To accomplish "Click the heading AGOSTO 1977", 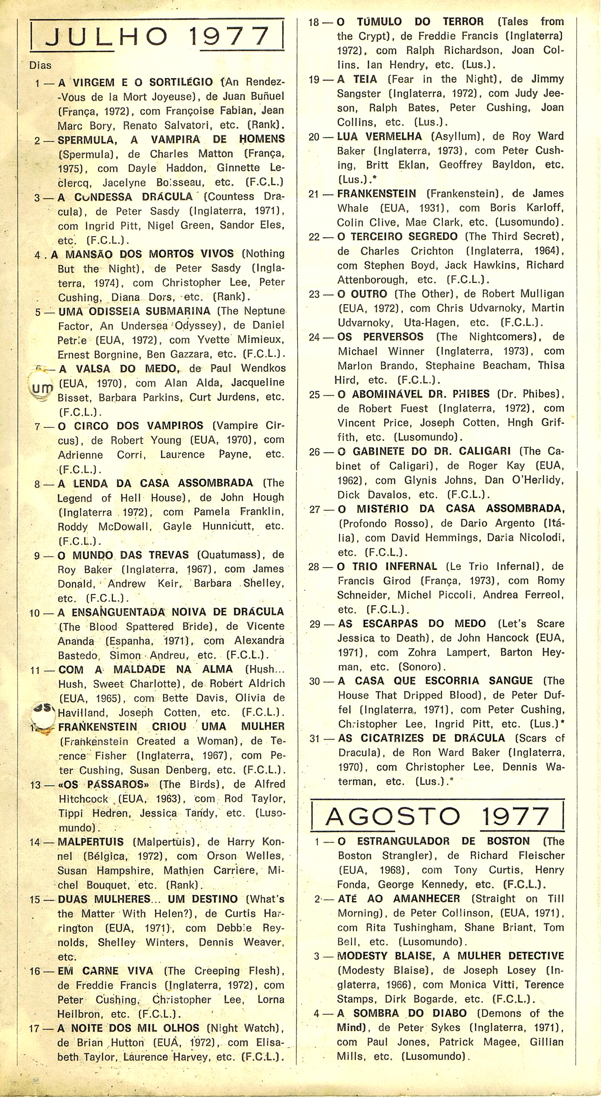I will (437, 816).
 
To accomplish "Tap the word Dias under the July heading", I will (40, 65).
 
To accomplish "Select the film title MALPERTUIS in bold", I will (90, 842).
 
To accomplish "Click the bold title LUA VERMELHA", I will (379, 137).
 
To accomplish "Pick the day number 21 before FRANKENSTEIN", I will (314, 194).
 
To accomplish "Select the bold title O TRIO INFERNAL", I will (387, 566).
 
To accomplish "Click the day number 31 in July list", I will (314, 738).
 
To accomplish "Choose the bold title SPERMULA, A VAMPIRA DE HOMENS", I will (171, 139).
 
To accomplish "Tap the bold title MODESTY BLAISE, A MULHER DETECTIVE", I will (450, 956).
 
